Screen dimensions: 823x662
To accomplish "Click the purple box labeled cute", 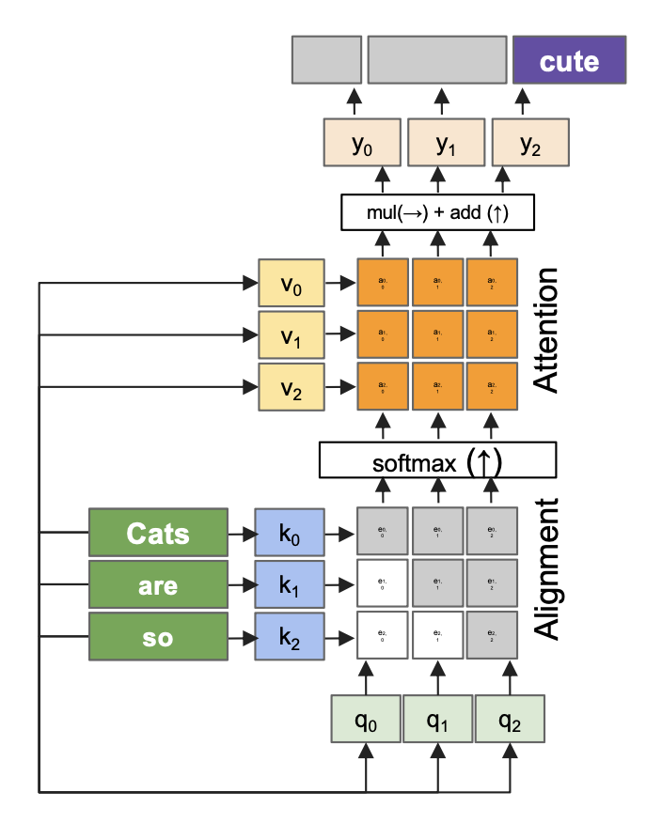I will click(569, 62).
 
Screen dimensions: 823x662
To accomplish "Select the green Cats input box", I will click(158, 534).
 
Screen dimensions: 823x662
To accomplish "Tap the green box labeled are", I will click(158, 585).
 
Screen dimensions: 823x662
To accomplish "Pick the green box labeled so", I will click(158, 636).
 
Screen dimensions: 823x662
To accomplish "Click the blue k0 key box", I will click(290, 534).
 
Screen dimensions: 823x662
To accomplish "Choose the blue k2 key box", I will click(290, 636).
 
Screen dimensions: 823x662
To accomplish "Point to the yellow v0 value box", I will click(292, 282).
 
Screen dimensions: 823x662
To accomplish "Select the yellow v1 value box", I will click(292, 334).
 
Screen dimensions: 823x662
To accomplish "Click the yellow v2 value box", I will click(292, 385).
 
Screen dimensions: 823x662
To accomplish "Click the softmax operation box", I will click(437, 460).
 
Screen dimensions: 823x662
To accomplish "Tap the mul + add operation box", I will click(437, 212).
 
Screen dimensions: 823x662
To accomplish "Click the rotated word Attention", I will click(546, 331).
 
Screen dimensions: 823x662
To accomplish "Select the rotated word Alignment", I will click(546, 568).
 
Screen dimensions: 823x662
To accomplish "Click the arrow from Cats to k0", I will click(241, 534).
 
